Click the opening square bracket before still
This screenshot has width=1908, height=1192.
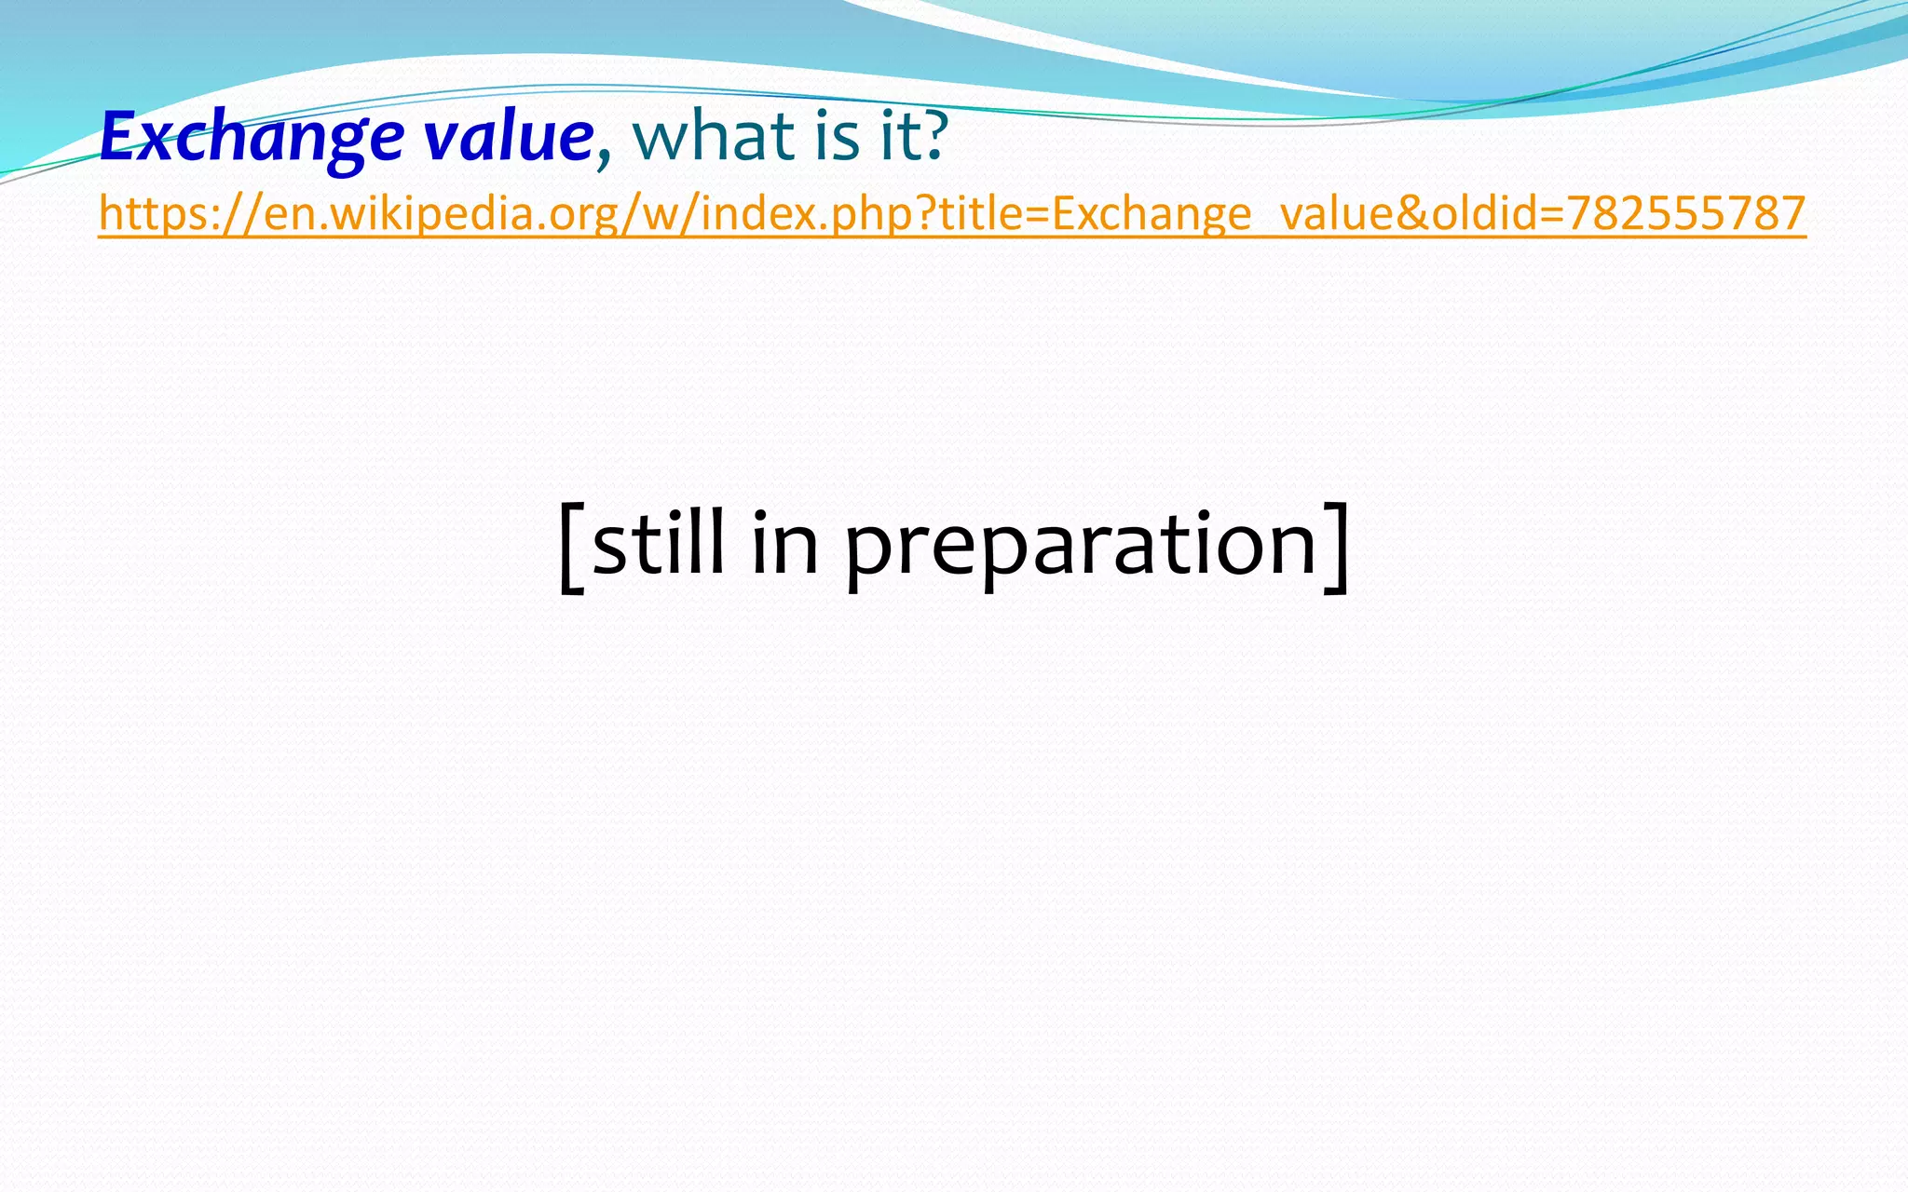pyautogui.click(x=570, y=547)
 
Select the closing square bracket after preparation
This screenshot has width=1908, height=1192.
pyautogui.click(x=1337, y=547)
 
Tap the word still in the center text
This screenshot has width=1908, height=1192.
pyautogui.click(x=658, y=545)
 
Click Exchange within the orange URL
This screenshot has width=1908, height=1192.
pyautogui.click(x=1151, y=214)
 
